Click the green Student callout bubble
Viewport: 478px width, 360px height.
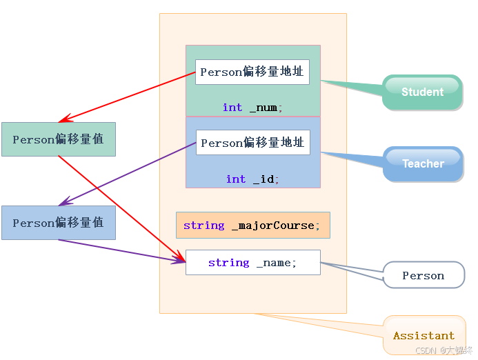pos(422,92)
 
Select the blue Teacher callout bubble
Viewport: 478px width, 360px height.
pos(422,164)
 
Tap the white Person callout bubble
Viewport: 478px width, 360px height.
pos(424,275)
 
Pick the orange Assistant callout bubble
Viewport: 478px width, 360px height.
pos(424,335)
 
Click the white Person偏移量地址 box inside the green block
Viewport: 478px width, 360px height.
pos(252,72)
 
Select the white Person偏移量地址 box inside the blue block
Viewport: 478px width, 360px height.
pos(252,143)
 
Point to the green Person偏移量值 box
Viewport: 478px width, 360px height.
pos(58,139)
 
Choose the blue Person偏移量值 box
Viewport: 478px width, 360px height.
pos(58,223)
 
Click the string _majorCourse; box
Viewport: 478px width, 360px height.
pos(252,226)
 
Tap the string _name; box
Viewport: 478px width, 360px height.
pos(252,263)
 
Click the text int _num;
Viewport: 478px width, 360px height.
pos(252,108)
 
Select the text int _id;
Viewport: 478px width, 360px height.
pos(252,179)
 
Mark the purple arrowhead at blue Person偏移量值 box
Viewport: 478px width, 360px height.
pos(63,203)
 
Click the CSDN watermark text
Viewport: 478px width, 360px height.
pos(445,350)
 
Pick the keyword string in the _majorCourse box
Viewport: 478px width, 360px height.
pos(203,226)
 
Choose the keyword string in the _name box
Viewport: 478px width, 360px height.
pos(228,263)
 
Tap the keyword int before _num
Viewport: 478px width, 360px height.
pos(232,108)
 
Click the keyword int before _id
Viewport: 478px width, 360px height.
pos(236,179)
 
